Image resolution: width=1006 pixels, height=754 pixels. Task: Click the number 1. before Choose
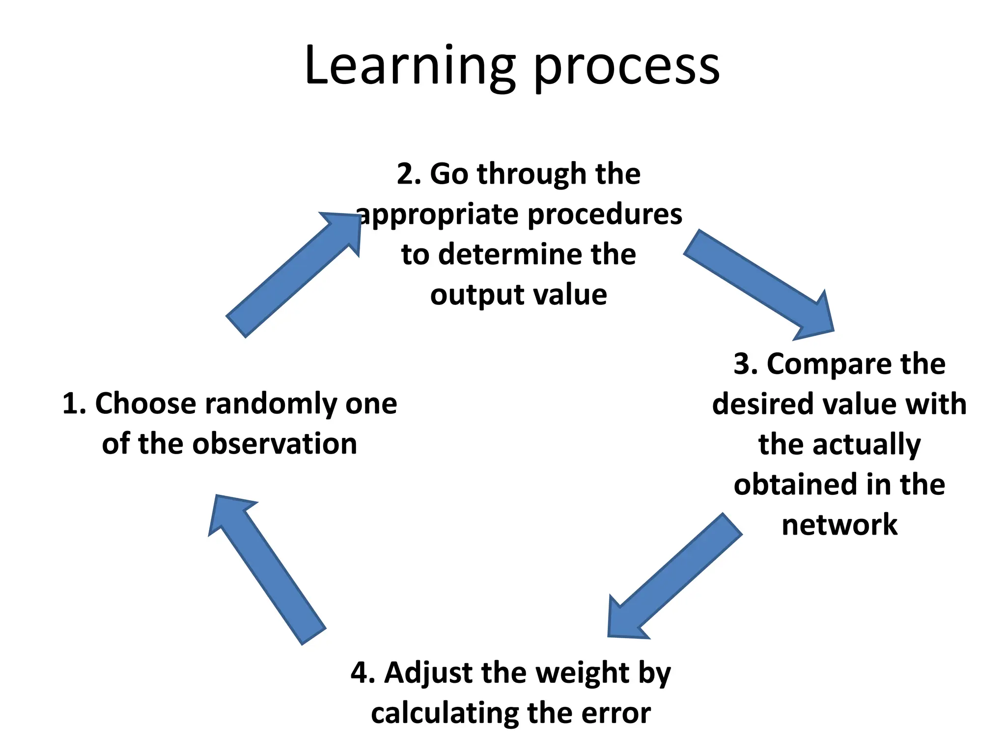click(74, 404)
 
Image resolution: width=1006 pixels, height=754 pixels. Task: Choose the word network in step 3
click(839, 525)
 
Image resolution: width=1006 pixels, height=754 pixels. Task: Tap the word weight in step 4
click(582, 673)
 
